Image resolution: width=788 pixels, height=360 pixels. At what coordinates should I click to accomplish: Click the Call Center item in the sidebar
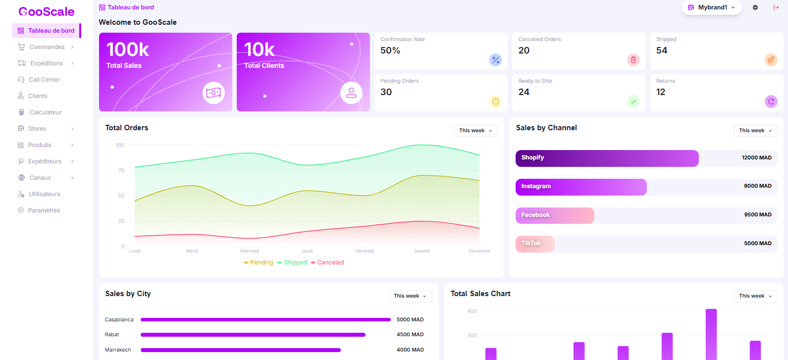[44, 80]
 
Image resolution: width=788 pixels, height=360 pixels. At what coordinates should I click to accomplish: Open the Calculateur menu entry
[45, 112]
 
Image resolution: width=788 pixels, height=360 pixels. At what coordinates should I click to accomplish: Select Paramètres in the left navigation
[44, 210]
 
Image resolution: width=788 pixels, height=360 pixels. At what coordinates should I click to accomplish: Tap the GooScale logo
[47, 11]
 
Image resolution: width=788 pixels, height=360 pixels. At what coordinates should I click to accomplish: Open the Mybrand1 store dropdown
[712, 7]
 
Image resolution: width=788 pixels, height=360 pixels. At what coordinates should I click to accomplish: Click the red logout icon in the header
[776, 7]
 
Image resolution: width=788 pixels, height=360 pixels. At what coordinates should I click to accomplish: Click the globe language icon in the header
[755, 7]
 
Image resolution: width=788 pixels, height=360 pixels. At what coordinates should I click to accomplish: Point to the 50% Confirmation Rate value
[390, 51]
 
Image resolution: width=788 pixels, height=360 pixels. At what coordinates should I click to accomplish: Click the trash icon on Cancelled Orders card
[633, 60]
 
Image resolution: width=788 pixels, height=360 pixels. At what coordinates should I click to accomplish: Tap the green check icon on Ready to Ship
[633, 102]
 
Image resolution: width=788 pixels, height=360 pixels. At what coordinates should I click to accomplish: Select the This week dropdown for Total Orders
[475, 131]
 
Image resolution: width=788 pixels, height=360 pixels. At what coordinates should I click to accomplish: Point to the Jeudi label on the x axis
[307, 251]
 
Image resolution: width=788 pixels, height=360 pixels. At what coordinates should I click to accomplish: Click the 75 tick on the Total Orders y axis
[121, 170]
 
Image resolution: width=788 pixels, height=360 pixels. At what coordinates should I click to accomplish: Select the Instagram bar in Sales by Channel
[581, 187]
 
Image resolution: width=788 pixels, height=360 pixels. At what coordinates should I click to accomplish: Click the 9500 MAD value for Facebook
[758, 215]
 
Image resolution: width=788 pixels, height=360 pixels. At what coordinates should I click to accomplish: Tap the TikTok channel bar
[535, 244]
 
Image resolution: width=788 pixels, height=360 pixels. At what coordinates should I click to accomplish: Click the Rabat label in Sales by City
[112, 335]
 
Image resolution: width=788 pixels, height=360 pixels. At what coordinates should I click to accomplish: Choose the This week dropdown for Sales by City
[410, 296]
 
